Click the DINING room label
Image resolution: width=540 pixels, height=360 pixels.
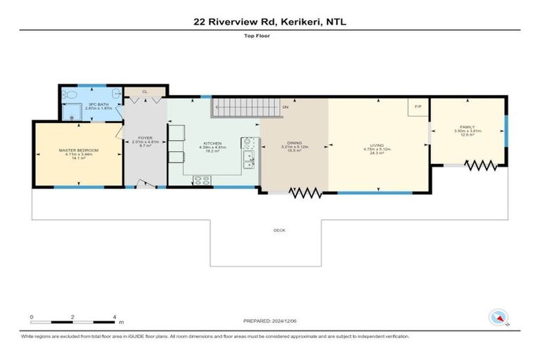click(294, 143)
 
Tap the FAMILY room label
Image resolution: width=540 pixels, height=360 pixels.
click(467, 127)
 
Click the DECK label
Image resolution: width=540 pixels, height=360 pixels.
click(279, 230)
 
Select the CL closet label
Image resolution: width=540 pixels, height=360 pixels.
click(144, 91)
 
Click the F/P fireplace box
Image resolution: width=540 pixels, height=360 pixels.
click(418, 107)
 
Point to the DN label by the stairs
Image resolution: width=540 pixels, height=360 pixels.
click(285, 107)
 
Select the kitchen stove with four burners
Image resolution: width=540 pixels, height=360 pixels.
click(202, 181)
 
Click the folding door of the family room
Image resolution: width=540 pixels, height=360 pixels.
click(482, 166)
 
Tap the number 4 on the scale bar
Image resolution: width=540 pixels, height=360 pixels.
click(114, 317)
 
